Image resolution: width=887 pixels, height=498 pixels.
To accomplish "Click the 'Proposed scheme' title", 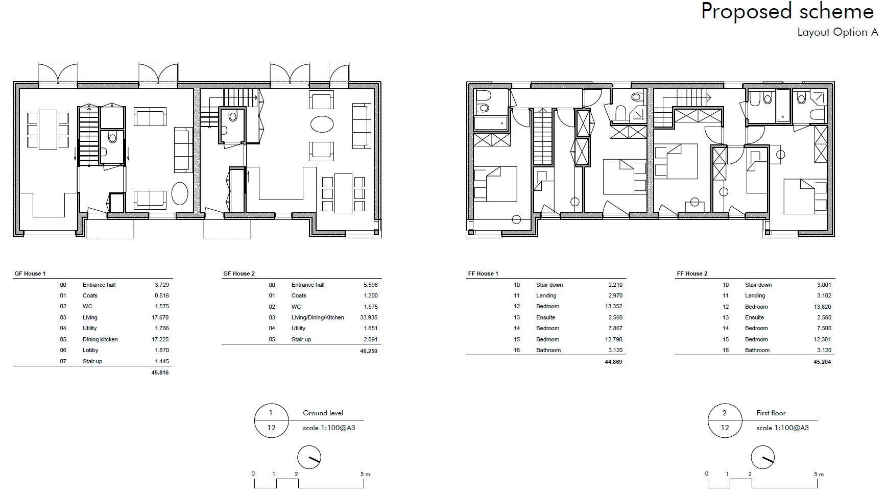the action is (787, 12).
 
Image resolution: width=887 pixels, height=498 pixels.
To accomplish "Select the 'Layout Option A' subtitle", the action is (837, 32).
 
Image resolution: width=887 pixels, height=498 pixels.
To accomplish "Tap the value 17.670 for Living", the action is (161, 317).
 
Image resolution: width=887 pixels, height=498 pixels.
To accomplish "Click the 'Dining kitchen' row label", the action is (100, 339).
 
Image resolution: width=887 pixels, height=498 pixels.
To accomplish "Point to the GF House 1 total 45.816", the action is (160, 372).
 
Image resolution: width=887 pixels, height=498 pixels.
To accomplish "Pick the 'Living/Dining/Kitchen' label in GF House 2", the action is (318, 317).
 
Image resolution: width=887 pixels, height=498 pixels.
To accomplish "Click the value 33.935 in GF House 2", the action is (369, 317).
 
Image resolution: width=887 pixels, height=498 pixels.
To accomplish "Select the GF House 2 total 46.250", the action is (369, 351).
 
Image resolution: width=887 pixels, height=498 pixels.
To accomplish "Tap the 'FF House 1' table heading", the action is (483, 273).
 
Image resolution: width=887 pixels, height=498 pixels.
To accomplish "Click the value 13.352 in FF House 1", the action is (614, 306).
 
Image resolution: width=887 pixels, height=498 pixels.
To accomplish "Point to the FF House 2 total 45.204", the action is (823, 362).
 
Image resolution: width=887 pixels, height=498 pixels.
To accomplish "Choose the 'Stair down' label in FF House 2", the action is (758, 285).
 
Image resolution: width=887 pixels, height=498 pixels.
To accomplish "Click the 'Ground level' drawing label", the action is (323, 413).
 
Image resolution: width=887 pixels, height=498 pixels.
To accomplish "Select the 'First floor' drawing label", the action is (771, 413).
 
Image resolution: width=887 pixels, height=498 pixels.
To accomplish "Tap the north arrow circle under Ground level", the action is (309, 457).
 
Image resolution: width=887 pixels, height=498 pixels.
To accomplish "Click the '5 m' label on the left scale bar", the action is (365, 474).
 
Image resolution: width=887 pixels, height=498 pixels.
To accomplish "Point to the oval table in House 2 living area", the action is (322, 124).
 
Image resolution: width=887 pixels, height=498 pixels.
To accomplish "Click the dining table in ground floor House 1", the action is (48, 129).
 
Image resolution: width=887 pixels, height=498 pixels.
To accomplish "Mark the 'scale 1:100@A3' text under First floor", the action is (783, 428).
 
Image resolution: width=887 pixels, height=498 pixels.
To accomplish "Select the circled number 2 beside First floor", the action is (725, 413).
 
